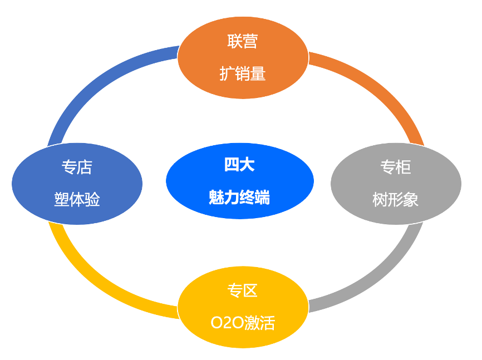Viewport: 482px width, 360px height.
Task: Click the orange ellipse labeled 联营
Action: point(243,57)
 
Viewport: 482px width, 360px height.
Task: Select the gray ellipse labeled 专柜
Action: point(396,184)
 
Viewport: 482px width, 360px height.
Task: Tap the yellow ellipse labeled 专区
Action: point(243,307)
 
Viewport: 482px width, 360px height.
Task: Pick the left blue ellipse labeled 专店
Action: point(77,184)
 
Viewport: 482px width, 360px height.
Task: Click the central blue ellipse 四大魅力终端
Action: point(240,181)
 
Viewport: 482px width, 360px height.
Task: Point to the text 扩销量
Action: point(243,74)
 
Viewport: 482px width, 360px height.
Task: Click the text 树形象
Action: point(396,200)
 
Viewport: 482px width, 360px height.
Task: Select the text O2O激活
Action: point(243,323)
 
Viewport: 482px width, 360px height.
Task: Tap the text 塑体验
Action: point(77,200)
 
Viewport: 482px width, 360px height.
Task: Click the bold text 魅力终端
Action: point(240,197)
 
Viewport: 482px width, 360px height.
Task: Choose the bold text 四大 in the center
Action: point(240,165)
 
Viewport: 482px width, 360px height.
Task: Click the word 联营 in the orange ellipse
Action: point(243,41)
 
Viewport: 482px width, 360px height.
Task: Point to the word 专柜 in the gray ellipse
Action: point(396,167)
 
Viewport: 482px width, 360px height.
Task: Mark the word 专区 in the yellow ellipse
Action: point(243,290)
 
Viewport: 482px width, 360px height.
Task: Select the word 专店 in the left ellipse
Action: point(77,167)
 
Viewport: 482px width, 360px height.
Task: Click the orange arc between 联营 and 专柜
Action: point(384,89)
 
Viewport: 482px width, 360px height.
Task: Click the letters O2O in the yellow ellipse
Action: point(227,323)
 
